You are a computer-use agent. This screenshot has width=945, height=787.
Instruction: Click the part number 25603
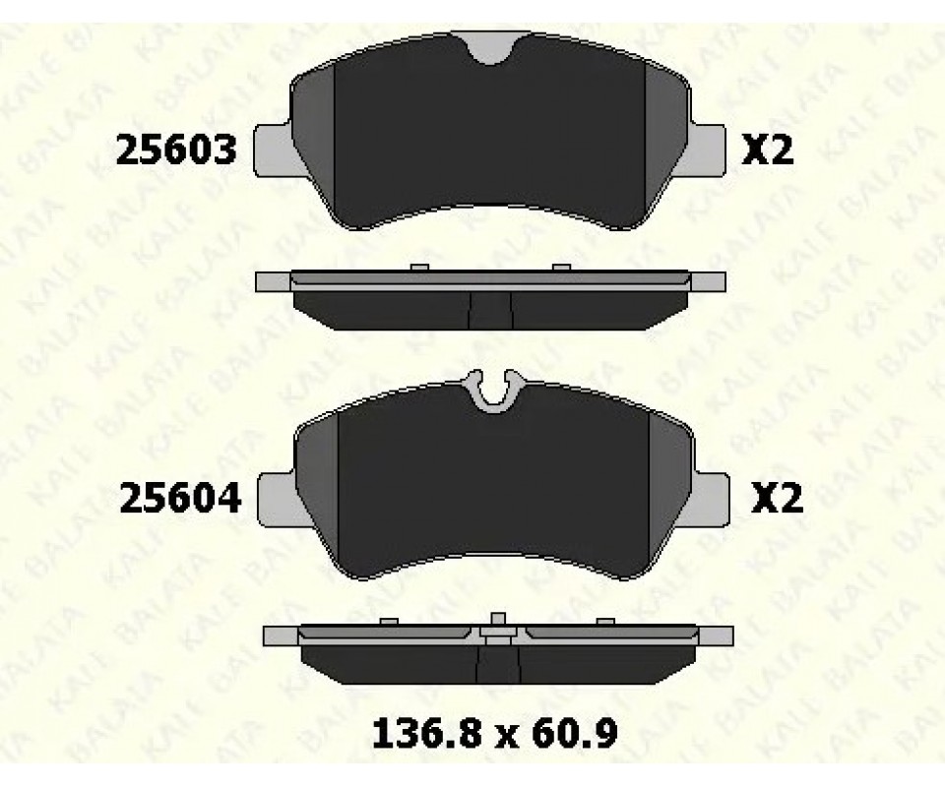click(x=176, y=150)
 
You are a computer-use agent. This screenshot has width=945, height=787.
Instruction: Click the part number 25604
click(x=180, y=499)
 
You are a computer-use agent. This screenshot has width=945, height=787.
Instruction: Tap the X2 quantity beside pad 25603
click(x=767, y=150)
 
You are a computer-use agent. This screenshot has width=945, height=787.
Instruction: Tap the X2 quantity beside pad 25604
click(x=777, y=499)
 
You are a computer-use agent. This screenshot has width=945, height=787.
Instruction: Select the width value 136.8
click(x=427, y=734)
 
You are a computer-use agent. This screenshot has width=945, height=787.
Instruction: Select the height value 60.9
click(x=575, y=734)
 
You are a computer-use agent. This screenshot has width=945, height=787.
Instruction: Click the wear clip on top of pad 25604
click(x=494, y=392)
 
